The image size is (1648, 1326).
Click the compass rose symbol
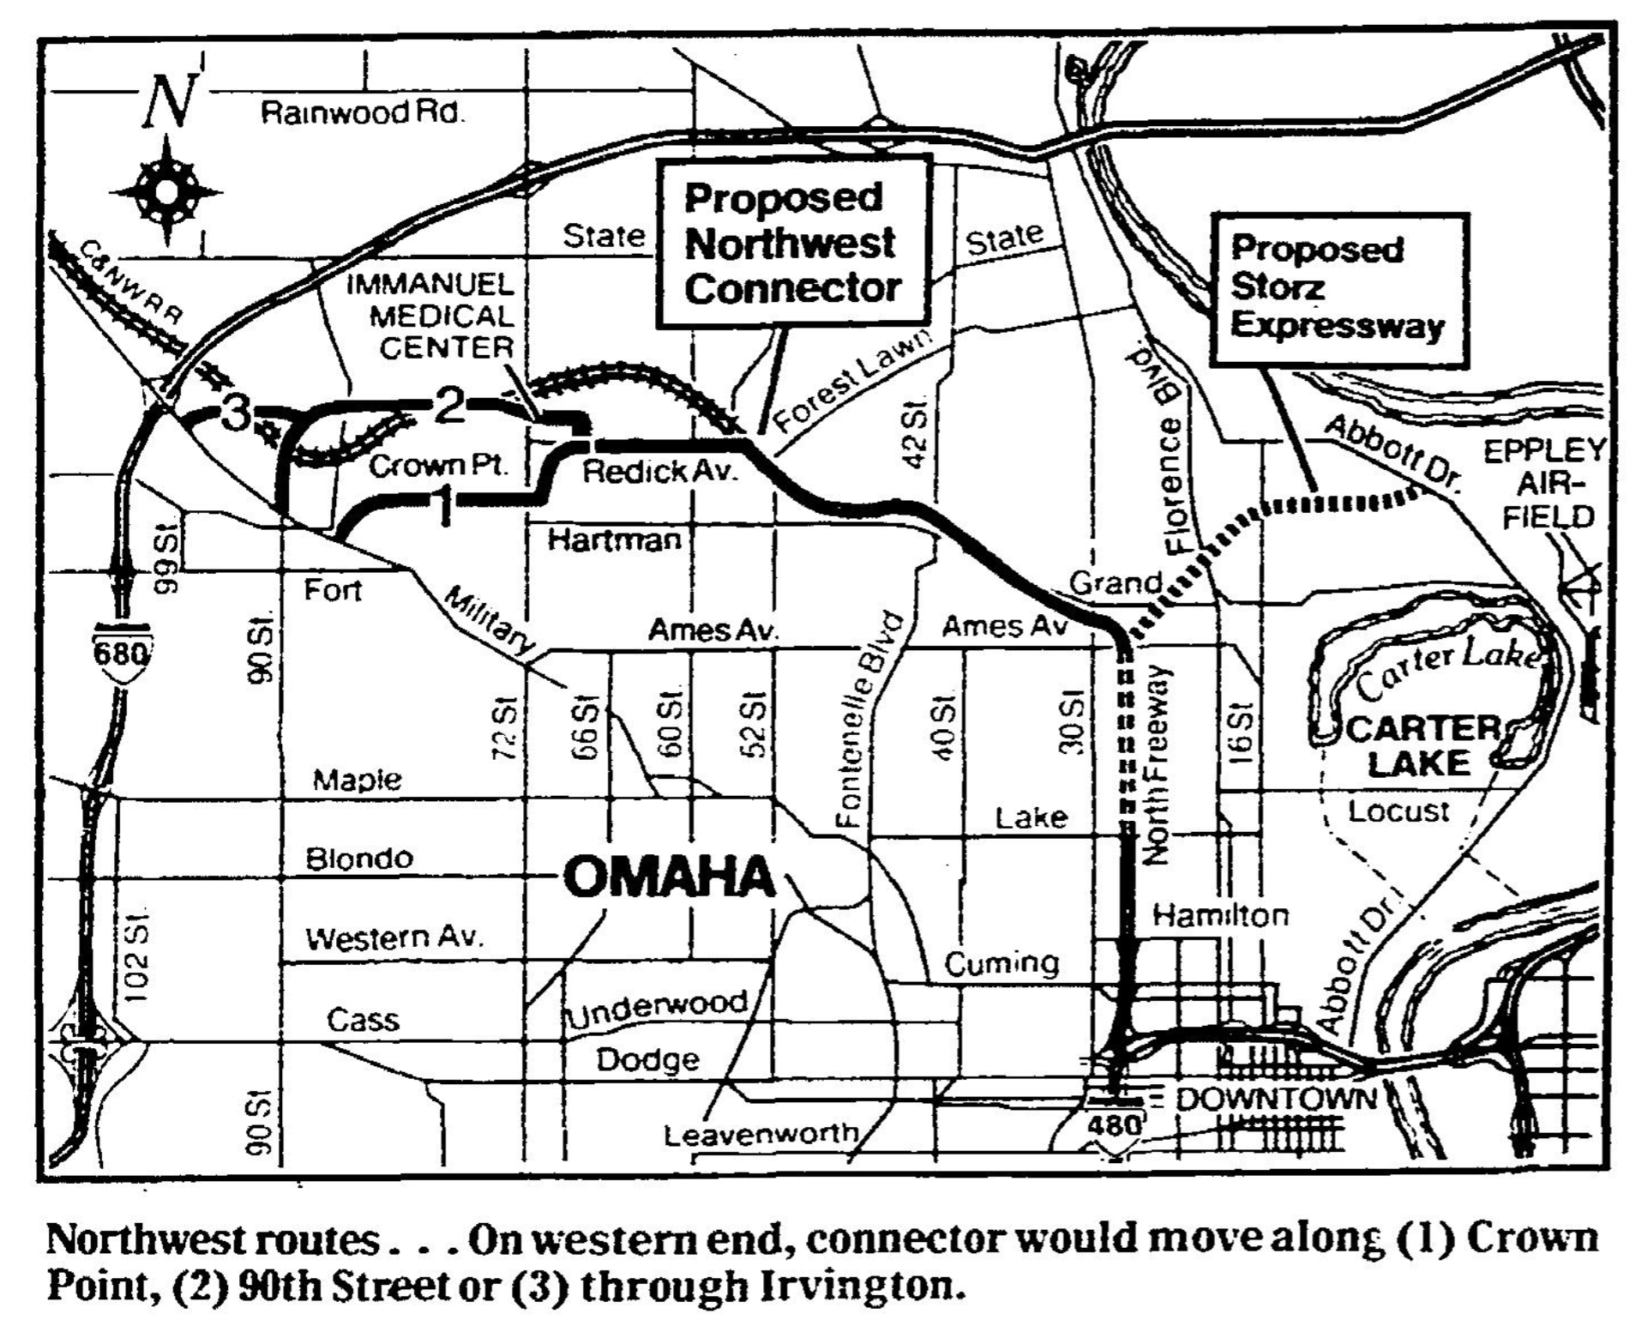coord(166,190)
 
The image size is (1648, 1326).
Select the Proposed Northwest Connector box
coord(792,243)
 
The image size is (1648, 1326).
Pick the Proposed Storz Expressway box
coord(1338,288)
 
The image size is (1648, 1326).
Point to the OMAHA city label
coord(670,877)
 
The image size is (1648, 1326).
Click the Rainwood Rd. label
coord(362,113)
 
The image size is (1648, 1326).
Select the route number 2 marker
coord(450,406)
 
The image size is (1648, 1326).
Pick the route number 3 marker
coord(236,414)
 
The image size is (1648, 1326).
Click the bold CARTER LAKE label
coord(1421,746)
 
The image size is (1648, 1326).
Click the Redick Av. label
coord(659,470)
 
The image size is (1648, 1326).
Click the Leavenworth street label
coord(761,1134)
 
